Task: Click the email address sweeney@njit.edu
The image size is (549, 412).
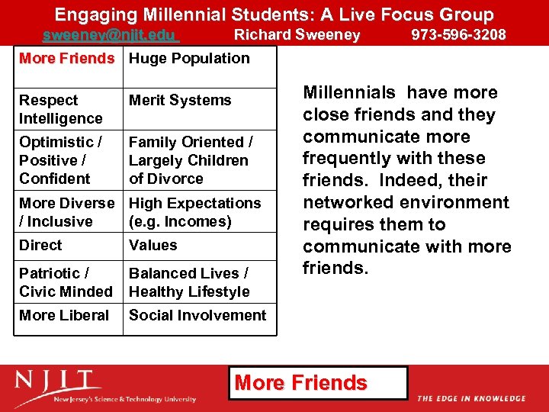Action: [110, 35]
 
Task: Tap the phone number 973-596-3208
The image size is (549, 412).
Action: [458, 35]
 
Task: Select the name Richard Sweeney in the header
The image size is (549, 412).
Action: [297, 35]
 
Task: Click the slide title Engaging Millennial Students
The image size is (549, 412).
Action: [274, 14]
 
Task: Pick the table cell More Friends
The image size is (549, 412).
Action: [66, 59]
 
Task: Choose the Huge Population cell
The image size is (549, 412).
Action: [189, 59]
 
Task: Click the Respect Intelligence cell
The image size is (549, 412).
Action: [61, 109]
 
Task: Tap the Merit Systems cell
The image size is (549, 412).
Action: [180, 101]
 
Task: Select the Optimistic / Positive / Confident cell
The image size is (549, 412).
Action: [61, 160]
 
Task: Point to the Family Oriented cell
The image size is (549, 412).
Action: [191, 160]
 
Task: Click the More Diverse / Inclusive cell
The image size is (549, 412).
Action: [66, 212]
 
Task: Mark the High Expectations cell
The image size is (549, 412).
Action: [194, 212]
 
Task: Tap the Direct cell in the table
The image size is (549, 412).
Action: [41, 246]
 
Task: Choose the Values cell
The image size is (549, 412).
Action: [152, 246]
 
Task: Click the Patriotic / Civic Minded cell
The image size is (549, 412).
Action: [66, 282]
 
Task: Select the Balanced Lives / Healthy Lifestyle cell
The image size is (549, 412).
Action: [189, 282]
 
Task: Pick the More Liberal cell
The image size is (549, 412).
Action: [64, 316]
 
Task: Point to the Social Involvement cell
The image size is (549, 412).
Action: [197, 316]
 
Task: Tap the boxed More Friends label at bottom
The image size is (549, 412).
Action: [301, 383]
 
